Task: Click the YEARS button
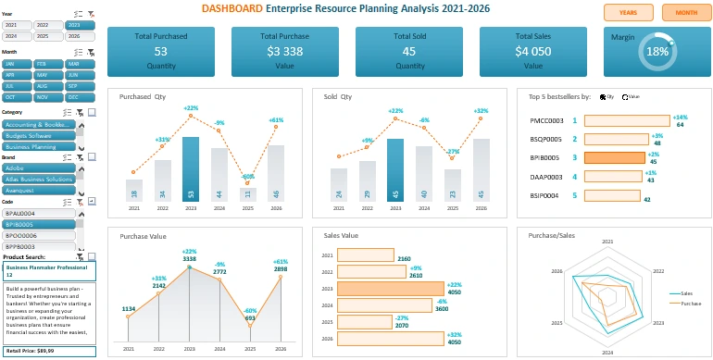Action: [x=628, y=13]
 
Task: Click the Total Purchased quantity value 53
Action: [x=161, y=52]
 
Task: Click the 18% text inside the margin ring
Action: [x=657, y=53]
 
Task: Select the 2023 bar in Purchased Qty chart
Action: [x=191, y=169]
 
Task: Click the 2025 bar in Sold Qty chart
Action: [x=453, y=185]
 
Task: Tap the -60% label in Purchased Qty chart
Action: [x=248, y=177]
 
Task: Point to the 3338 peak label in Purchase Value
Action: [x=190, y=259]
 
